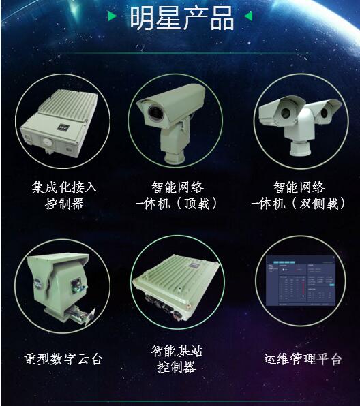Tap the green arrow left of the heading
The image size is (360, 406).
[112, 16]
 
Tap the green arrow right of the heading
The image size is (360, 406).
[249, 16]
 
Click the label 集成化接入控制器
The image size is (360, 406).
[65, 194]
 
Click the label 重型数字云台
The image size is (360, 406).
[62, 358]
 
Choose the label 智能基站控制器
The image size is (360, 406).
[177, 358]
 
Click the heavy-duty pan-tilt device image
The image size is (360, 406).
[61, 286]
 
